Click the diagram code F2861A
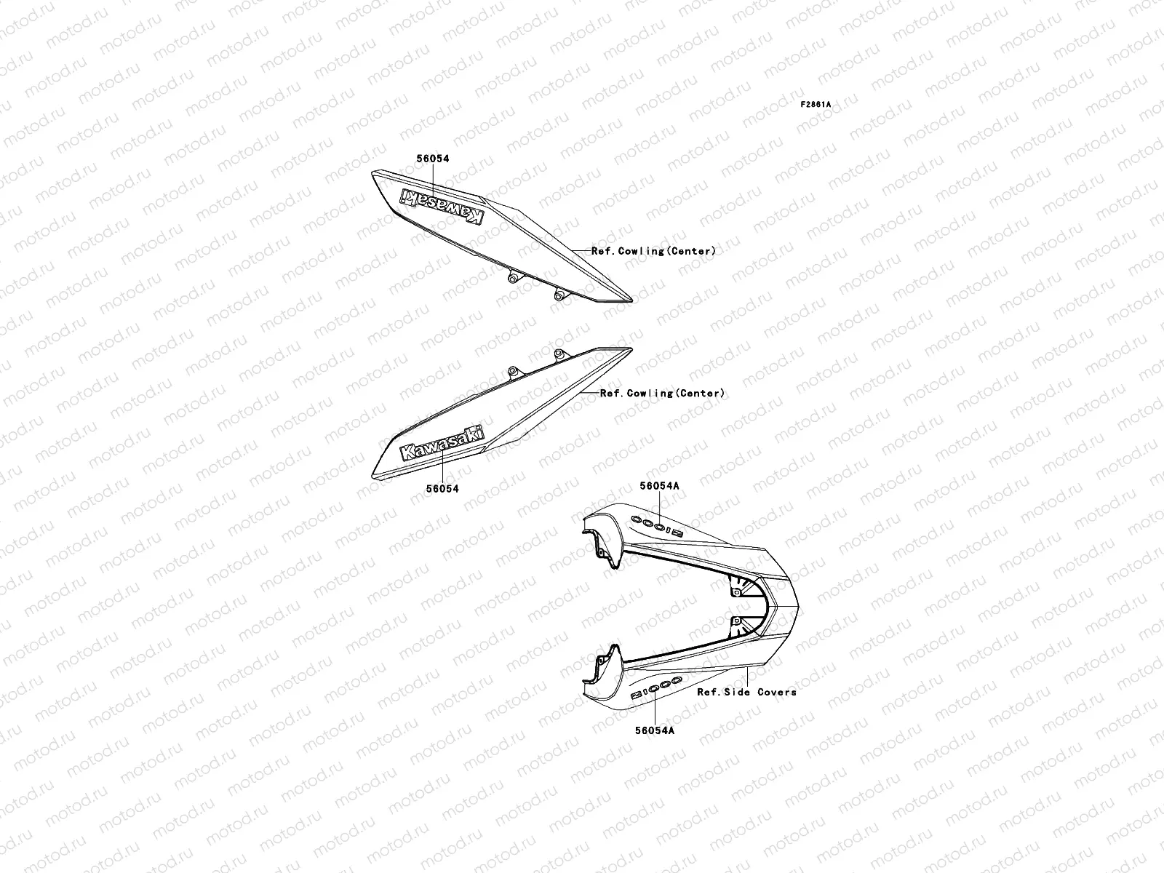click(x=816, y=105)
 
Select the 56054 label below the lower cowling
click(x=443, y=489)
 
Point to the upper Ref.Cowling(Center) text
click(x=653, y=251)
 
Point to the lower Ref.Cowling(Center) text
click(x=662, y=394)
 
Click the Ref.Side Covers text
click(x=746, y=692)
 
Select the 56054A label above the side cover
click(x=660, y=485)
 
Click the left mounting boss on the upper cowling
click(x=514, y=276)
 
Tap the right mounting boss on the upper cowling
click(x=559, y=295)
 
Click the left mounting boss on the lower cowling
click(x=514, y=372)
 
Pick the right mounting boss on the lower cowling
click(x=559, y=354)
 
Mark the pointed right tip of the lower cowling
click(x=630, y=348)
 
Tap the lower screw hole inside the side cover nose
click(x=737, y=621)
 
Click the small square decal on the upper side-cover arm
click(x=677, y=533)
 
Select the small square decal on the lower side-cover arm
click(x=636, y=695)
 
